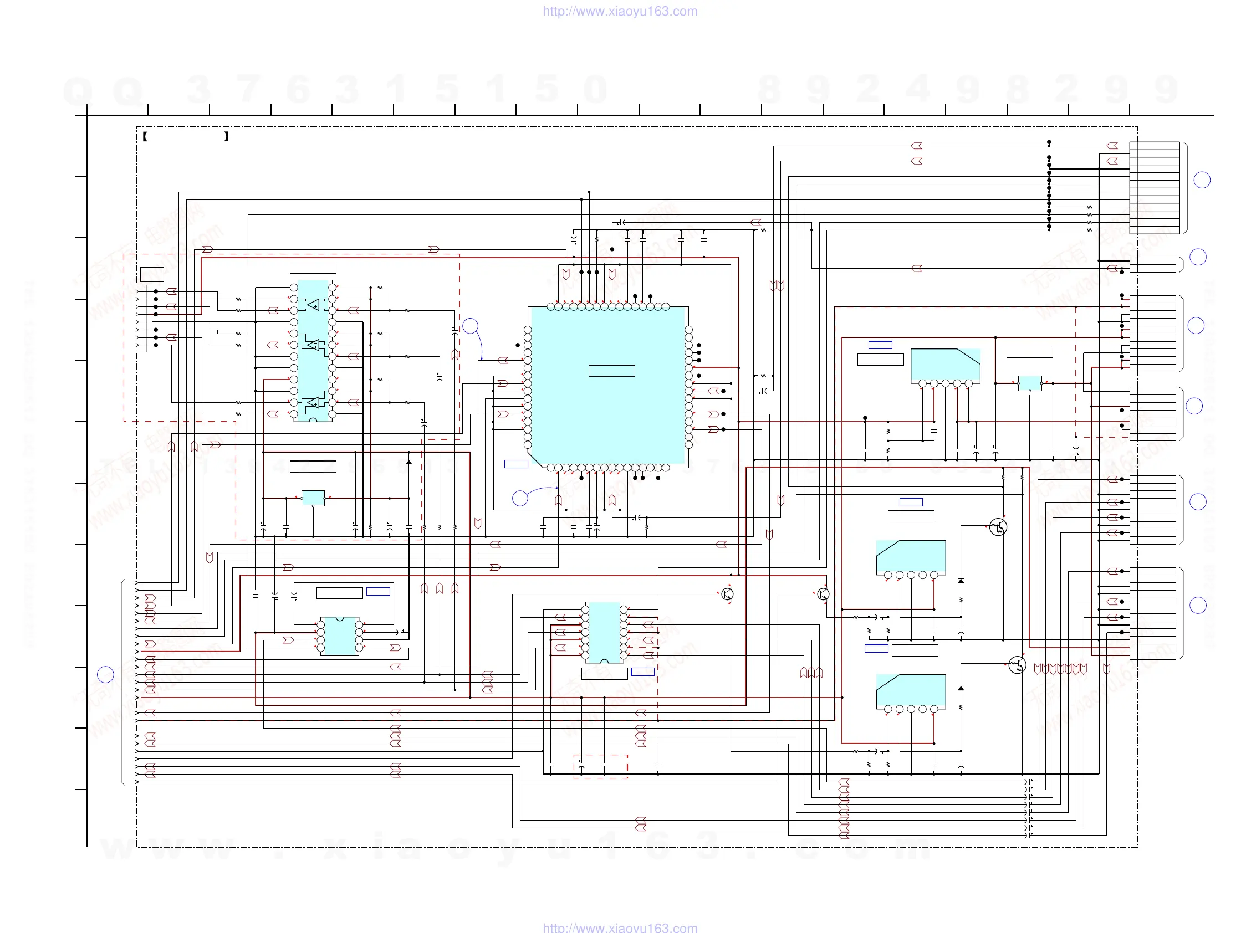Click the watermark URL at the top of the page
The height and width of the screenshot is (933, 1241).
point(620,11)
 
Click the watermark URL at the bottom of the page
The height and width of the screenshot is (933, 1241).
point(620,927)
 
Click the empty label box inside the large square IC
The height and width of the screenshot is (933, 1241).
point(611,371)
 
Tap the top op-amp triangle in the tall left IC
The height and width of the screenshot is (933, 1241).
point(313,305)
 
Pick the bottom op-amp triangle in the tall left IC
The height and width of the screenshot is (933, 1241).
point(313,402)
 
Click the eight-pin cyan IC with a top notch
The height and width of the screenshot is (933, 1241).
point(339,636)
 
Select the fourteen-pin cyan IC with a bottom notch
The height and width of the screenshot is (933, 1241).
point(604,633)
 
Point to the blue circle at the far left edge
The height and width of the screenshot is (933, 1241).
point(105,674)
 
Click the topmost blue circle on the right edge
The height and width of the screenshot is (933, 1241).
point(1202,180)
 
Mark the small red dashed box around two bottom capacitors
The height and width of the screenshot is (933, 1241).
point(600,766)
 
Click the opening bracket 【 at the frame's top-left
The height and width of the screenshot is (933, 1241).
point(145,136)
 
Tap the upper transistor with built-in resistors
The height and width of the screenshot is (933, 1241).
point(998,527)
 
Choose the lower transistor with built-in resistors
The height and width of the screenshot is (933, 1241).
point(1017,665)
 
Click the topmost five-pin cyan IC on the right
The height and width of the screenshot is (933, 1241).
point(946,366)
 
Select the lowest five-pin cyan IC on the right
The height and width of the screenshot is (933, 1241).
point(911,691)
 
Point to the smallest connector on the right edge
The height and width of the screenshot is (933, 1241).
point(1152,264)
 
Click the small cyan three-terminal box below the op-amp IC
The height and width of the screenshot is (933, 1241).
point(313,498)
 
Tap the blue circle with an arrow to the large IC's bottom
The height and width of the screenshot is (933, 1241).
point(520,498)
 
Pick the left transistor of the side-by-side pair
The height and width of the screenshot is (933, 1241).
point(727,594)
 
